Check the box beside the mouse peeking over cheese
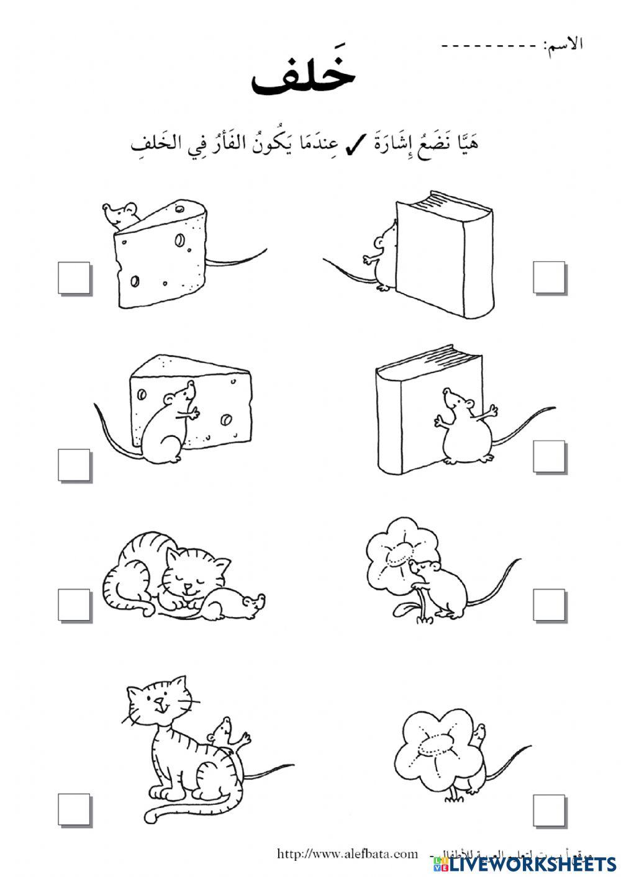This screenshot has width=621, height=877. tap(75, 277)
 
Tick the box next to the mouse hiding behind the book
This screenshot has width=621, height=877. tap(549, 277)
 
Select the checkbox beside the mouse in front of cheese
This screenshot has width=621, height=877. tap(75, 465)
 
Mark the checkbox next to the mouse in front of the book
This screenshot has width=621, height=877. tap(549, 457)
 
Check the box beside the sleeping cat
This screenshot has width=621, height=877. tap(75, 605)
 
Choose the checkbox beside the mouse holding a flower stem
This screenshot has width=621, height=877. tap(549, 605)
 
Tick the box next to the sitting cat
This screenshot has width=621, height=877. tap(75, 809)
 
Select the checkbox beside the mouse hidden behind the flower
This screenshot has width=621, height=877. tap(549, 809)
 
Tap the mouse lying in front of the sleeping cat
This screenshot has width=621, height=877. tap(233, 605)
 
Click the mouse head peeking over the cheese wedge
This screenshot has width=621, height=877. tap(121, 215)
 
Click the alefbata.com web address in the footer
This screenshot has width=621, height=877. tap(348, 853)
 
